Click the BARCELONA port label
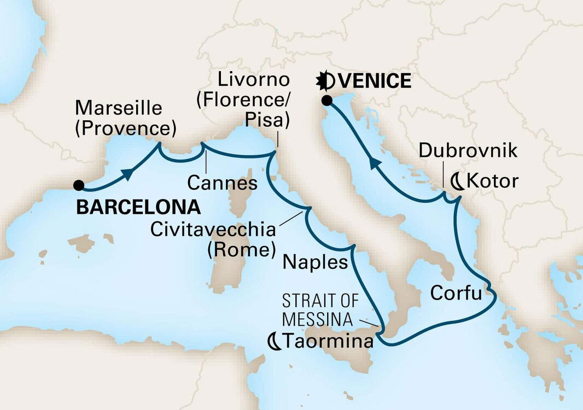(138, 207)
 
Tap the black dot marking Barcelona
(80, 185)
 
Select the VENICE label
(374, 81)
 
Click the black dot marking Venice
(327, 101)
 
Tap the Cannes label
(222, 183)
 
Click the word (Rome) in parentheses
(240, 250)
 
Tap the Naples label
(315, 263)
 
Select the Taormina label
(328, 342)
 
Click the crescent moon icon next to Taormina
(274, 342)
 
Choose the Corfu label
(456, 293)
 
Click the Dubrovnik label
(468, 151)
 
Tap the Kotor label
(492, 181)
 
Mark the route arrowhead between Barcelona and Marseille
(128, 173)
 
